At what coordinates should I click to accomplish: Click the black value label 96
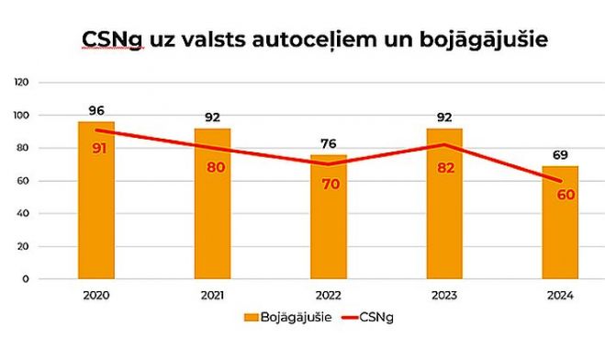coord(95,110)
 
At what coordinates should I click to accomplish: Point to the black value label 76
coord(329,143)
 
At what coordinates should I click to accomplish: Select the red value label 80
coord(215,166)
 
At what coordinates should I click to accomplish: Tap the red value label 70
coord(330,184)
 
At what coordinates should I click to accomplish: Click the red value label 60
coord(566,195)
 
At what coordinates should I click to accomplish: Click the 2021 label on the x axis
coord(212,296)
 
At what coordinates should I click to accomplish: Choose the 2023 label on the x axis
coord(444,296)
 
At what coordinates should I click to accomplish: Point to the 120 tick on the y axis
coord(24,83)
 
